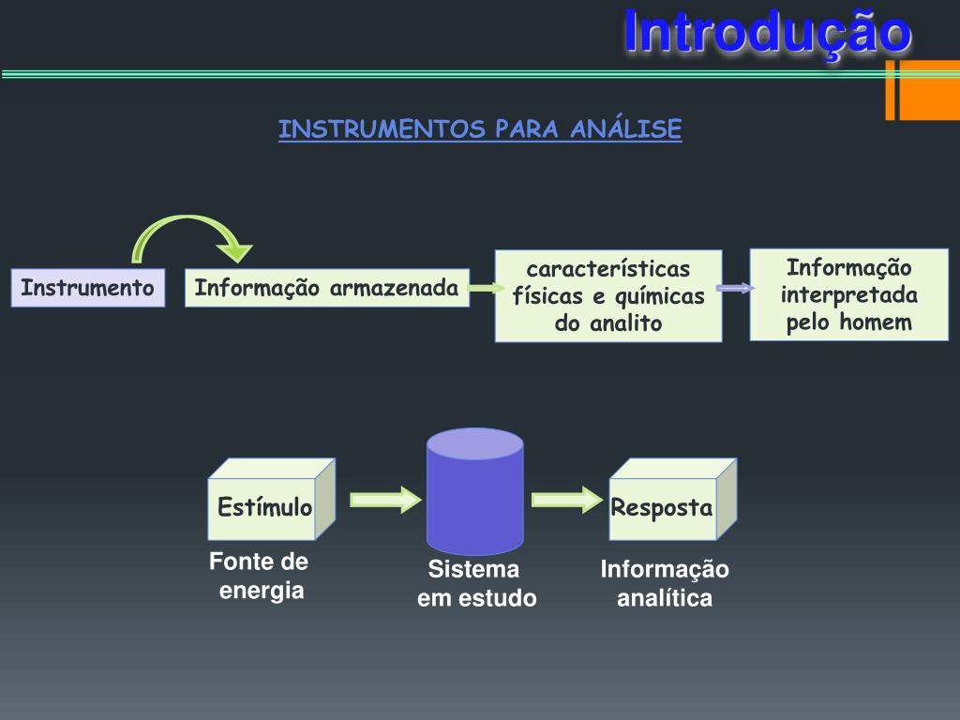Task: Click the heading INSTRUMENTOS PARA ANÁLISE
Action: (x=479, y=129)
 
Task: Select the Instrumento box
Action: (x=87, y=288)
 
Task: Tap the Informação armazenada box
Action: (x=326, y=288)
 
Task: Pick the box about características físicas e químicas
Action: (x=608, y=295)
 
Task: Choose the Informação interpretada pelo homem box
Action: (x=848, y=294)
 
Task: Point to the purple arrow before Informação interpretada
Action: (x=735, y=288)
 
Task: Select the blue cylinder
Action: (x=474, y=491)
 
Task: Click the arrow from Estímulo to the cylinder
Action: (x=385, y=500)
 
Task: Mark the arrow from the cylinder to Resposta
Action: (x=566, y=500)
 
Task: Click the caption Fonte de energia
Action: (x=260, y=576)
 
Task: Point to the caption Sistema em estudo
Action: (x=476, y=583)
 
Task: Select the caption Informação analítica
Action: (x=665, y=583)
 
